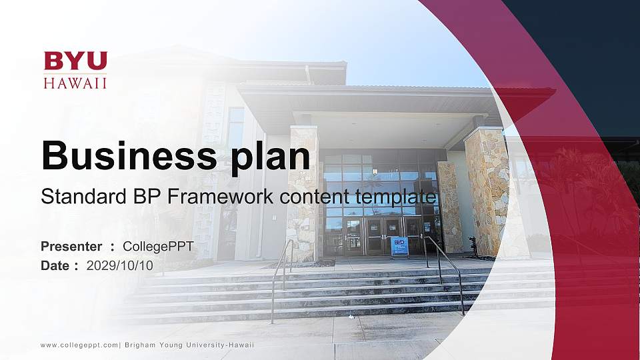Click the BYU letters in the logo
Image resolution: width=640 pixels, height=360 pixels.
click(x=75, y=61)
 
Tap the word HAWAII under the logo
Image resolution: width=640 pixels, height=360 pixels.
click(x=75, y=83)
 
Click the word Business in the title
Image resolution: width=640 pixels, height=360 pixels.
click(x=127, y=156)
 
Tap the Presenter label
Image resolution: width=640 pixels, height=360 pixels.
click(x=71, y=247)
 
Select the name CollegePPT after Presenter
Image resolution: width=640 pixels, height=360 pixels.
click(x=158, y=247)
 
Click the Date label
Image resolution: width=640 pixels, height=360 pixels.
click(x=55, y=265)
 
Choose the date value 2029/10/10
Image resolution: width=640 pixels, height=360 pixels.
click(x=120, y=265)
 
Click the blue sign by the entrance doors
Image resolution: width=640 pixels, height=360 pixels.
click(x=399, y=245)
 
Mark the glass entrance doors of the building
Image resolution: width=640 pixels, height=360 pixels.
click(x=383, y=235)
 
